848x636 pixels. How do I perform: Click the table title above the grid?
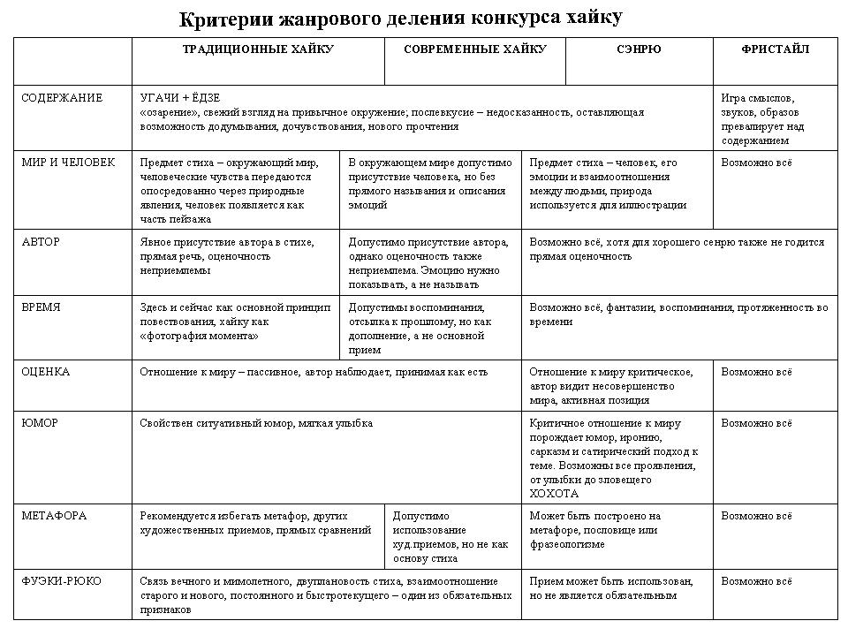tap(400, 18)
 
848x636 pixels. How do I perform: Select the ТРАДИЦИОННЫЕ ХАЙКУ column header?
tap(258, 49)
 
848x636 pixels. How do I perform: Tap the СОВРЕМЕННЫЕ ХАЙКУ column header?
tap(474, 49)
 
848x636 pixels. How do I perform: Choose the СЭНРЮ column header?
tap(639, 49)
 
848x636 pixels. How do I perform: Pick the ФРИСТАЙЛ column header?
tap(775, 49)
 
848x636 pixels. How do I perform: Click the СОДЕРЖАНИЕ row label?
tap(62, 98)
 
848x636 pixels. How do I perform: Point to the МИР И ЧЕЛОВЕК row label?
tap(68, 163)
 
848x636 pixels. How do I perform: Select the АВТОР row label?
tap(41, 241)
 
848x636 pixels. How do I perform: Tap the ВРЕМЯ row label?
tap(41, 307)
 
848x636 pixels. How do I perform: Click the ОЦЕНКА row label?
tap(45, 372)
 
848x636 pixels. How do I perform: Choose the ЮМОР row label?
tap(40, 423)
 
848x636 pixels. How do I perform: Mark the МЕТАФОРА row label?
tap(54, 516)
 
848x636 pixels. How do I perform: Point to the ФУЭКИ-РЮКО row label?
tap(61, 581)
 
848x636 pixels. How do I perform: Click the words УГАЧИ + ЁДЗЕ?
tap(179, 98)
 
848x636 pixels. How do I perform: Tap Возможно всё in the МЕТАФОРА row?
tap(757, 516)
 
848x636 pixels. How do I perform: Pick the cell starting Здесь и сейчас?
tap(235, 322)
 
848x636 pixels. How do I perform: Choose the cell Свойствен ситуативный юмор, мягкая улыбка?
tap(256, 423)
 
